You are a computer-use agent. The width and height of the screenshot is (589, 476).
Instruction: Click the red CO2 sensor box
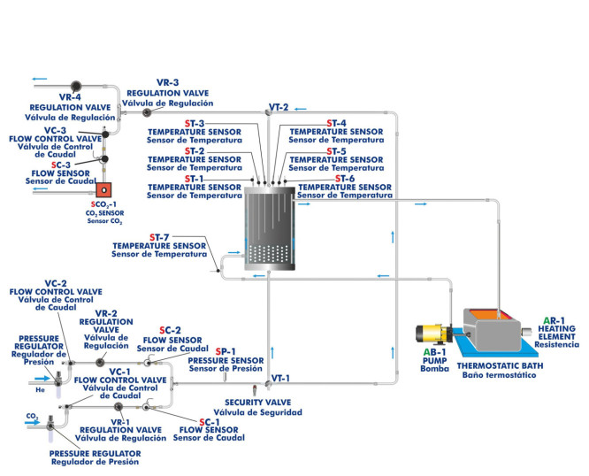tap(103, 189)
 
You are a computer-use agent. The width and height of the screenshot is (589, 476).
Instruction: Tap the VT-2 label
tap(279, 107)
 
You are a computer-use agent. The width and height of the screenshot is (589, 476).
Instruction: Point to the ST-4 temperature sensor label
tap(336, 123)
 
